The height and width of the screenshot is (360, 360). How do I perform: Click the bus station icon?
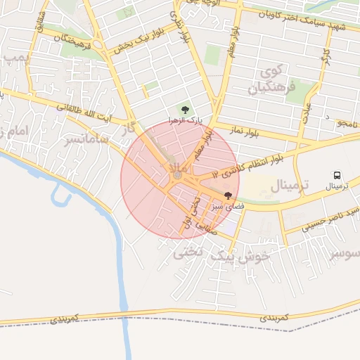[x=337, y=175]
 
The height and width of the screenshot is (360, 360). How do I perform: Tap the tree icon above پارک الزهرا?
[x=185, y=109]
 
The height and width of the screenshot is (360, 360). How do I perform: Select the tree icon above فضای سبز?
[x=227, y=195]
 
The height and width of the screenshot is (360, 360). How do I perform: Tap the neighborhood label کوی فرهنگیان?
[x=269, y=81]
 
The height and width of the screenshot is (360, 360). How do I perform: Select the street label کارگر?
[x=326, y=53]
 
